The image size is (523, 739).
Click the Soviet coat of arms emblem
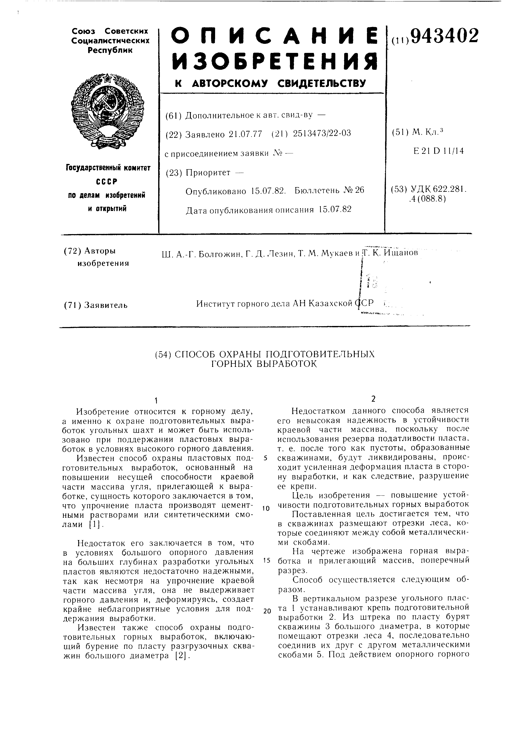tap(107, 110)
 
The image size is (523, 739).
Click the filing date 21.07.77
tap(245, 134)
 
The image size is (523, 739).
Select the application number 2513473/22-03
tap(322, 133)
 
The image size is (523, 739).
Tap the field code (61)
tap(174, 115)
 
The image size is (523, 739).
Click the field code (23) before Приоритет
tap(174, 173)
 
